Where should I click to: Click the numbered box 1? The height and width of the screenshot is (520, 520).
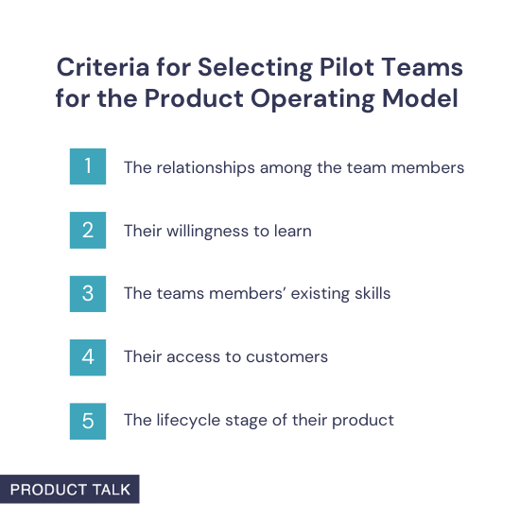88,167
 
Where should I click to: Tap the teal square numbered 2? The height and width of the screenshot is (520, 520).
88,231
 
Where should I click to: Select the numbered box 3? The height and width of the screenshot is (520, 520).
88,293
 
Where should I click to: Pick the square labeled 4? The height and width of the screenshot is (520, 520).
88,356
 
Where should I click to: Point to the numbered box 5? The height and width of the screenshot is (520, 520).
88,420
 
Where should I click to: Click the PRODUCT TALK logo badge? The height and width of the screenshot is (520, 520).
70,489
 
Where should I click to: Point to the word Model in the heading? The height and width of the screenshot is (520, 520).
427,98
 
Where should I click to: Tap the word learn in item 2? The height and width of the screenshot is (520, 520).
291,231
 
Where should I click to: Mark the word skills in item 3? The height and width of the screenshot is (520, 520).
370,293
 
